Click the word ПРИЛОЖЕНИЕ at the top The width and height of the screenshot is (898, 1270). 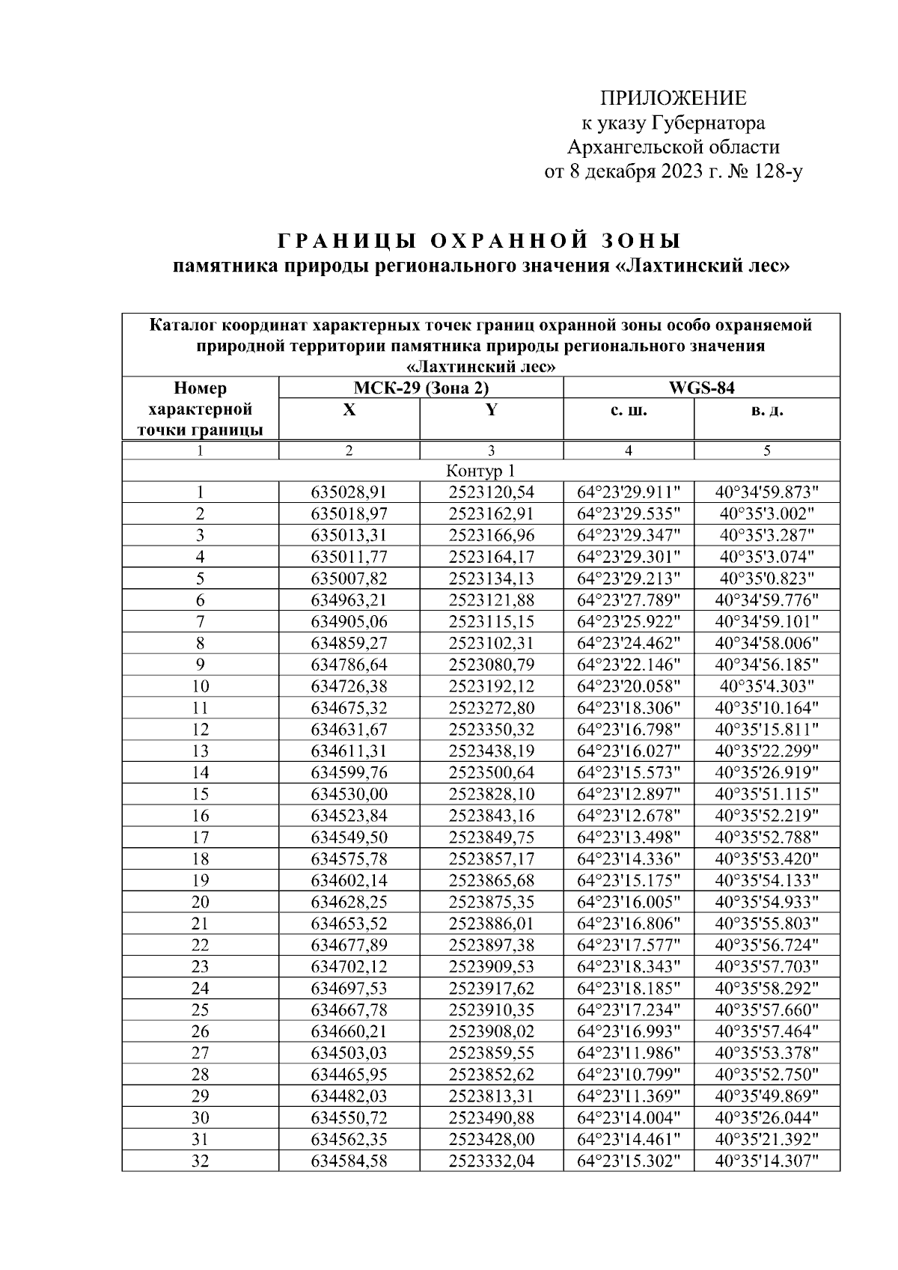(673, 99)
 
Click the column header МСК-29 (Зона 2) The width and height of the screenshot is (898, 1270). (420, 388)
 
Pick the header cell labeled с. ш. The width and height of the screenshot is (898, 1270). (628, 411)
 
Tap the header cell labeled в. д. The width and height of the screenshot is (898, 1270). (767, 411)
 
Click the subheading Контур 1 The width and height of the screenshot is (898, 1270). (480, 471)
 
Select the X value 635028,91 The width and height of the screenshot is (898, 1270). (349, 492)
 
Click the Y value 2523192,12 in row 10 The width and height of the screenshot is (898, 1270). (491, 686)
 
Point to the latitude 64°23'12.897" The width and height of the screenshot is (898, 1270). (628, 794)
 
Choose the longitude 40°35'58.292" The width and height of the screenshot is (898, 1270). (767, 988)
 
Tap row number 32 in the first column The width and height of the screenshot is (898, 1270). (200, 1161)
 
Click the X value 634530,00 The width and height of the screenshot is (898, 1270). (349, 794)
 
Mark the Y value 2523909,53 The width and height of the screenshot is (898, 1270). (491, 966)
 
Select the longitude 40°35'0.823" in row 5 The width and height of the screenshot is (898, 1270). (767, 578)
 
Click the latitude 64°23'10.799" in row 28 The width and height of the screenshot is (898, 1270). (628, 1075)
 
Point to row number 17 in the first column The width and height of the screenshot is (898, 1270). (200, 837)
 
